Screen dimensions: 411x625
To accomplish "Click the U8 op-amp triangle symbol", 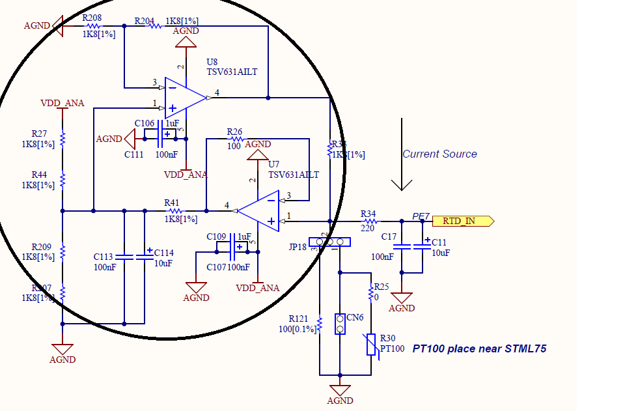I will [x=184, y=98].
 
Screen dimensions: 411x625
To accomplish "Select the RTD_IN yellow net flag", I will [x=463, y=221].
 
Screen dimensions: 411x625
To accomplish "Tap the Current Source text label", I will [x=439, y=154].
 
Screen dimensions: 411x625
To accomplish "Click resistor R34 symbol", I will [x=368, y=221].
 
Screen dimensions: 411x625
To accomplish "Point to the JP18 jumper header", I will [x=329, y=242].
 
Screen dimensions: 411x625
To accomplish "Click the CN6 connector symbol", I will [x=340, y=324].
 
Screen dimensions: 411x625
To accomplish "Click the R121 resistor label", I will [x=299, y=319].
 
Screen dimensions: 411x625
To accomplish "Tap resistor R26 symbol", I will [x=235, y=139].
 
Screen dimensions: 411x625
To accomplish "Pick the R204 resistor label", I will [x=145, y=21].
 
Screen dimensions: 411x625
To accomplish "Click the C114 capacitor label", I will [x=164, y=253].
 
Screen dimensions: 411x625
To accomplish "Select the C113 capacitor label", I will [x=104, y=257].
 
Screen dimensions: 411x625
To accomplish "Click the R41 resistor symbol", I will [x=174, y=210].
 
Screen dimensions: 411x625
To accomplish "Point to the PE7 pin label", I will [x=421, y=216].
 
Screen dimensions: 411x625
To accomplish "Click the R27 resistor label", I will [x=39, y=133].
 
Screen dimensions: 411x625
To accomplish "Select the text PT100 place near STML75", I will [x=479, y=349].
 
